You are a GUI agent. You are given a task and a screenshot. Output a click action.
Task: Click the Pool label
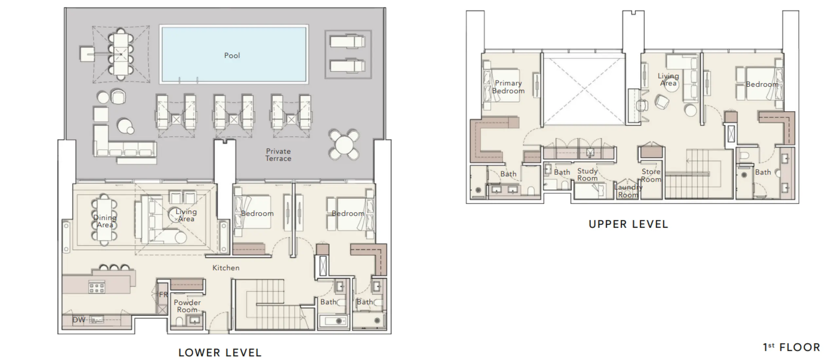232,56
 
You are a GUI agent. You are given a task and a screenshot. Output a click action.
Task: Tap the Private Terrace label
278,155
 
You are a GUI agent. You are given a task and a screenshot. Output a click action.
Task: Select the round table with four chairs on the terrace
344,144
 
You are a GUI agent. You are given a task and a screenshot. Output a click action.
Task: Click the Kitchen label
226,268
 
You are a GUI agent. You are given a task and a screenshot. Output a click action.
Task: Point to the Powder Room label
187,306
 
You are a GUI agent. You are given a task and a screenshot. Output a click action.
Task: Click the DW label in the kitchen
79,320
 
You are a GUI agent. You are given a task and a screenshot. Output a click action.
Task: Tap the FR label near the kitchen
163,295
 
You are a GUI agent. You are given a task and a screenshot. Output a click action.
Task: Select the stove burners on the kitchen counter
97,288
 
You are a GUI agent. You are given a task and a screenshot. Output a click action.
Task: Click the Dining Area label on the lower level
105,221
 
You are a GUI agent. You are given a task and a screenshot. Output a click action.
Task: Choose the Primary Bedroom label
508,87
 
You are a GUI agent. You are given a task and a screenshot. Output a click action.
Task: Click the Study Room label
587,174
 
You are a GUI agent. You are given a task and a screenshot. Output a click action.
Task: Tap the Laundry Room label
628,191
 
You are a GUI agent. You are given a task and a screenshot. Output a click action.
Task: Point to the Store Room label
651,175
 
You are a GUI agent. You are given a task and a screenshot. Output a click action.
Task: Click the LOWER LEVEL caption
220,352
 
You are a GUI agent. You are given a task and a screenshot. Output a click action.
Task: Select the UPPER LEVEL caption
628,224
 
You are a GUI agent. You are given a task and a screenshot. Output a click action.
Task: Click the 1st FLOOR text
791,347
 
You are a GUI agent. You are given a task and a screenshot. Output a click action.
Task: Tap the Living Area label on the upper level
668,80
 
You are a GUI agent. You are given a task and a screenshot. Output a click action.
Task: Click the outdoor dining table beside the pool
121,54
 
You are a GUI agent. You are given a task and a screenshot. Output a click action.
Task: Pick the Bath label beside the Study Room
562,172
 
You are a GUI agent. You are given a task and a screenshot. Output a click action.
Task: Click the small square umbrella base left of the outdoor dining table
87,54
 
